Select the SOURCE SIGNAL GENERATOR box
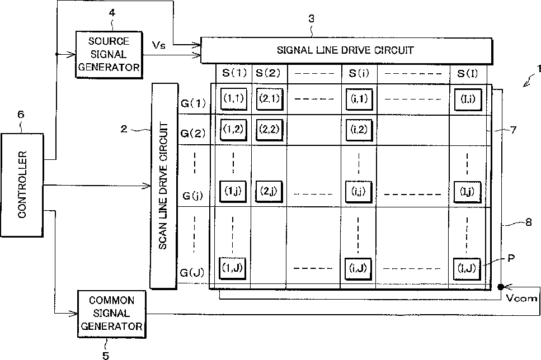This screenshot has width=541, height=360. click(x=109, y=54)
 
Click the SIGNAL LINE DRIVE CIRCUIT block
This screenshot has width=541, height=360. click(x=346, y=50)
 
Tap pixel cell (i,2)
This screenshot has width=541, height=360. click(x=359, y=130)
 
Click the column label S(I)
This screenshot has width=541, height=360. click(x=467, y=73)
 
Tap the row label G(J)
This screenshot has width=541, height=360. click(x=193, y=273)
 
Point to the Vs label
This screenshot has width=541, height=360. click(x=159, y=44)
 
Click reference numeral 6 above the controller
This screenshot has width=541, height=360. click(x=21, y=116)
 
